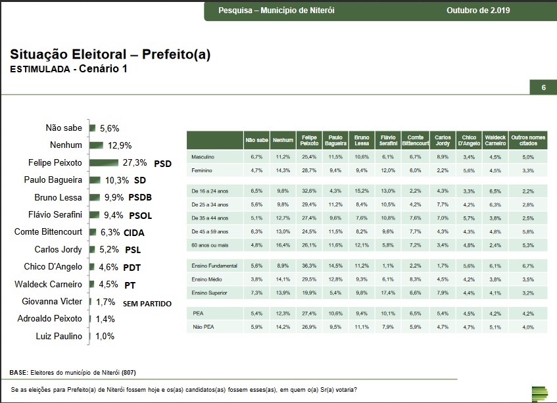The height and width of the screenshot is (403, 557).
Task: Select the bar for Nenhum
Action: point(95,145)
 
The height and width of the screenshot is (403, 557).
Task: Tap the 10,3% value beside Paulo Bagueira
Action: point(117,179)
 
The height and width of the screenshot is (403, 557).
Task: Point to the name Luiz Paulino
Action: point(59,336)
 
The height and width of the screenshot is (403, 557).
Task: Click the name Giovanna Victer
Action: point(54,301)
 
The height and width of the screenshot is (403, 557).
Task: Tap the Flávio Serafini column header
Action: point(387,140)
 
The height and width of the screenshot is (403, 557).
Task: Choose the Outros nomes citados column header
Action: point(528,140)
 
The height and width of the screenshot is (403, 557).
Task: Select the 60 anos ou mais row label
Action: point(209,245)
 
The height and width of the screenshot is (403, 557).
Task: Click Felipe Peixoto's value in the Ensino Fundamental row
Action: point(308,265)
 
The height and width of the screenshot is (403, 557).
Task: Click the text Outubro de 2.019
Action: point(478,11)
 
